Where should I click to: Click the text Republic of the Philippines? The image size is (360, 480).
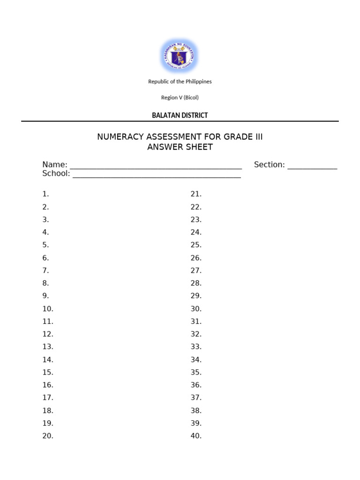click(x=180, y=82)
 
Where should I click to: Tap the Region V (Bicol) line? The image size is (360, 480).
click(x=180, y=97)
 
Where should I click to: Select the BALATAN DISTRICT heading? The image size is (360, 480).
click(x=180, y=115)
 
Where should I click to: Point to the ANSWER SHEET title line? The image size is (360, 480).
click(x=180, y=147)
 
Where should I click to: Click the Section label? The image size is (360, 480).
click(x=269, y=165)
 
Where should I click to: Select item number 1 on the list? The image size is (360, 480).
click(x=45, y=194)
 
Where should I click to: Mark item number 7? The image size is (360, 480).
click(x=45, y=270)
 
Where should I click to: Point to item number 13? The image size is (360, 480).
click(x=48, y=347)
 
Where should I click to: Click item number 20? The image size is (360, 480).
click(x=48, y=436)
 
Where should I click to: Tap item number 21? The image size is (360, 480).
click(x=196, y=194)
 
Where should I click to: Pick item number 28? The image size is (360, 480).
click(x=196, y=283)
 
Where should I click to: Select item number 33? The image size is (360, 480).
click(x=196, y=347)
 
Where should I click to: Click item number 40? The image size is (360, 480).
click(x=196, y=436)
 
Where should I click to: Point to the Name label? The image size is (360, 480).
click(x=55, y=165)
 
